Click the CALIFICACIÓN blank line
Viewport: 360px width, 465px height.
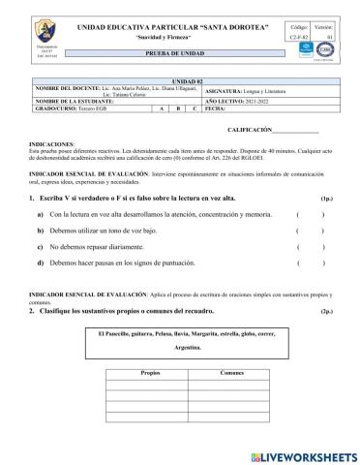pyautogui.click(x=296, y=130)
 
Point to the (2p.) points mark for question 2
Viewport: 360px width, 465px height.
pyautogui.click(x=326, y=311)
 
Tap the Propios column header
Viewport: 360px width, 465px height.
pyautogui.click(x=149, y=372)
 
